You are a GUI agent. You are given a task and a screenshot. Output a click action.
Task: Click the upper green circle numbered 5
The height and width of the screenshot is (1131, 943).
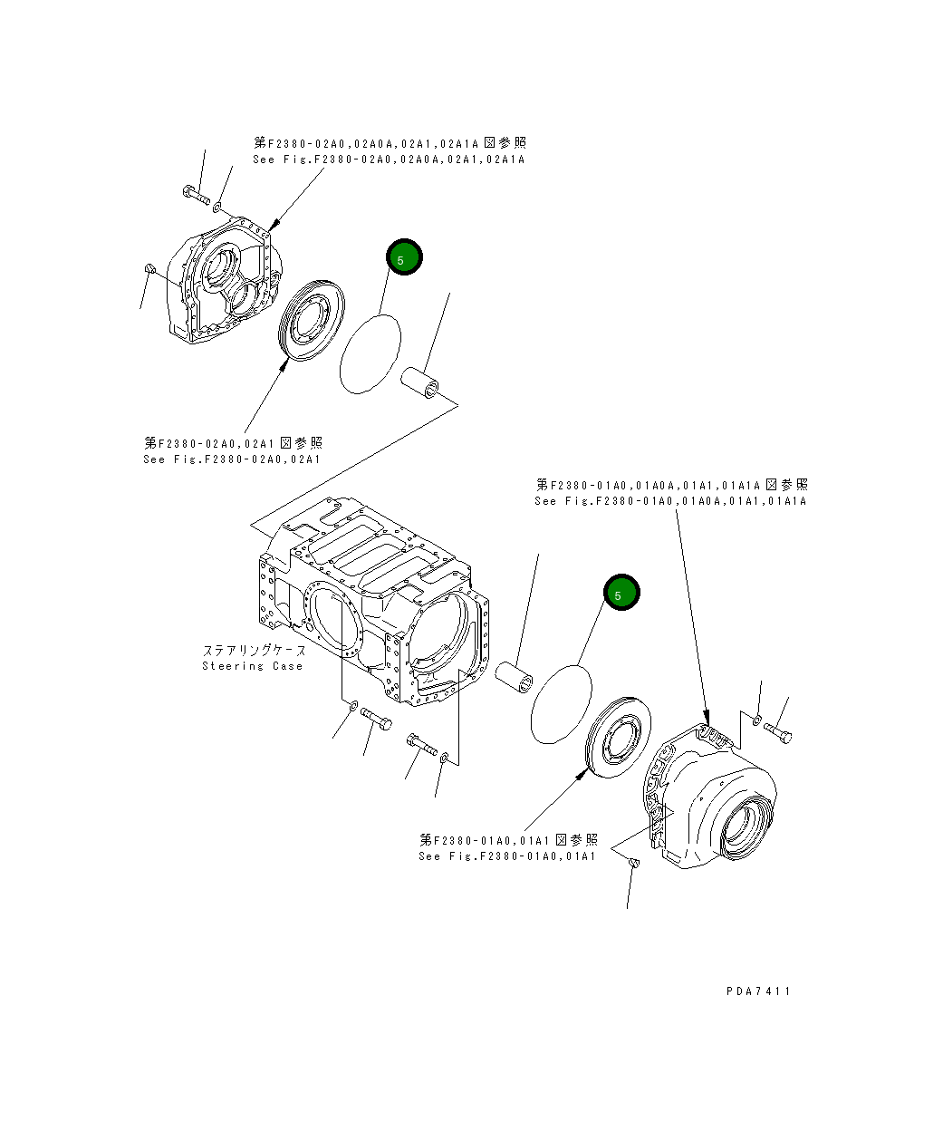[x=404, y=258]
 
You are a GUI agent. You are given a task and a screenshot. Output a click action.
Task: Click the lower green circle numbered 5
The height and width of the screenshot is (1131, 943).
[x=622, y=593]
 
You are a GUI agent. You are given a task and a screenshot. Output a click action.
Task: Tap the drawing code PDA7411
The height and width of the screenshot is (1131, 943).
[x=758, y=991]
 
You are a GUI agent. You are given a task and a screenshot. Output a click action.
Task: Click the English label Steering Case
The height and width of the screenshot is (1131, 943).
[x=252, y=666]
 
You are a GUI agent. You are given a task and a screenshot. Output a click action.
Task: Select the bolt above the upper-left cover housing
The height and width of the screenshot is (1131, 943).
[x=195, y=194]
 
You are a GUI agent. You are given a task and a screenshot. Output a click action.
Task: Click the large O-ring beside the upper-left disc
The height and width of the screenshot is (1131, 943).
[x=370, y=353]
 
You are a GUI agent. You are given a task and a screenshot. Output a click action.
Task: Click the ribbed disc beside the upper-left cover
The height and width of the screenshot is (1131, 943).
[x=312, y=320]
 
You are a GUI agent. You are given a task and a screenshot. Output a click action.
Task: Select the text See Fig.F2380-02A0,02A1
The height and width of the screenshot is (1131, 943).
[x=232, y=459]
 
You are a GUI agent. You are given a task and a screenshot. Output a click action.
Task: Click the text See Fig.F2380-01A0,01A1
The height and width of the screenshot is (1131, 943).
[x=506, y=855]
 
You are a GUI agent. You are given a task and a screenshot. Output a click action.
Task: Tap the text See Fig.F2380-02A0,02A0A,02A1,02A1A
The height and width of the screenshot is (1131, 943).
[x=389, y=159]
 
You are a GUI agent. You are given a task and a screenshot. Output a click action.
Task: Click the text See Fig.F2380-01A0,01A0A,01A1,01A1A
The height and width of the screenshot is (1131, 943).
[x=669, y=500]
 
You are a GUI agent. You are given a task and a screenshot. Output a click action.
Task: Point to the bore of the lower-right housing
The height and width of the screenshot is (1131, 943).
[x=748, y=826]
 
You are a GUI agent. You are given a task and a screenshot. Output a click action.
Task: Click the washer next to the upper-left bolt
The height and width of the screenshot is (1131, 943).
[x=217, y=208]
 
